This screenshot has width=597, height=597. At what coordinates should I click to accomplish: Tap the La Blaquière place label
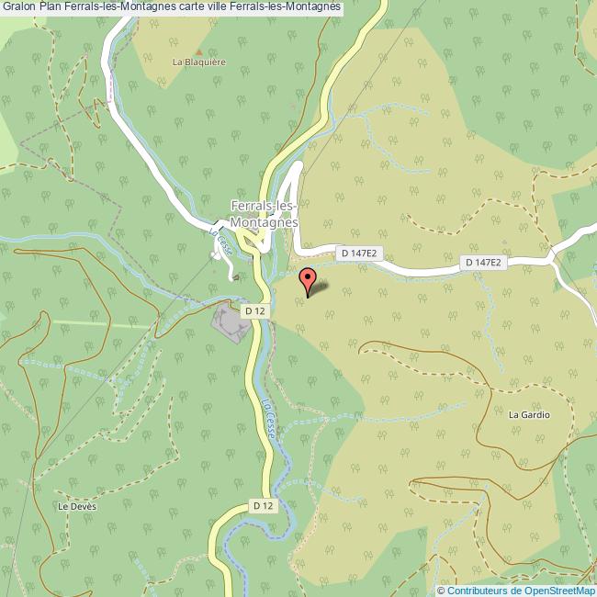pyautogui.click(x=199, y=62)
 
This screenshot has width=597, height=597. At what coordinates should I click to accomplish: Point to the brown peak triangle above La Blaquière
pyautogui.click(x=199, y=51)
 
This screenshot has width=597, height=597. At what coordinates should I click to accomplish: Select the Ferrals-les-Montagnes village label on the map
pyautogui.click(x=265, y=214)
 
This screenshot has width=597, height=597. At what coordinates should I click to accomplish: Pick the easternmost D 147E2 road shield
pyautogui.click(x=483, y=263)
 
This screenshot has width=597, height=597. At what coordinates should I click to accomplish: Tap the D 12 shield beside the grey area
pyautogui.click(x=254, y=311)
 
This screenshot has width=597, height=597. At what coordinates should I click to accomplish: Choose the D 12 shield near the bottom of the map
pyautogui.click(x=263, y=506)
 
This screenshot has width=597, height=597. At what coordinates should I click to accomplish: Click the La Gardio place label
pyautogui.click(x=529, y=415)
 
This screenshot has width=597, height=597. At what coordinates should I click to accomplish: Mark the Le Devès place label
pyautogui.click(x=76, y=506)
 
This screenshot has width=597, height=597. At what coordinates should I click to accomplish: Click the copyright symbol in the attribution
pyautogui.click(x=441, y=591)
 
